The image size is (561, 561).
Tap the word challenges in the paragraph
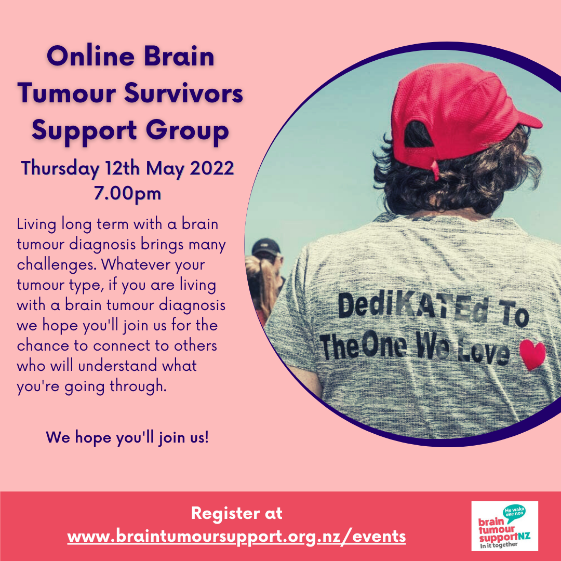pyautogui.click(x=57, y=264)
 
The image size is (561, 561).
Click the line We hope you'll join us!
pyautogui.click(x=127, y=437)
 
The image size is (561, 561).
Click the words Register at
pyautogui.click(x=237, y=514)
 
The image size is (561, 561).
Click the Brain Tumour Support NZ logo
pyautogui.click(x=504, y=526)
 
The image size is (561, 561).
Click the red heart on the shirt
pyautogui.click(x=532, y=354)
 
